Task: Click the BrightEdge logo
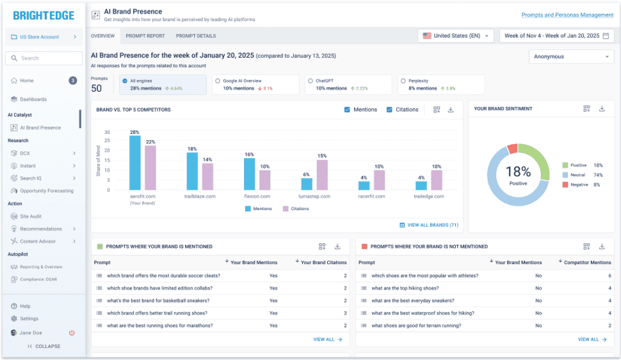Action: [x=44, y=15]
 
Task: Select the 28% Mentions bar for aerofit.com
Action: [x=135, y=163]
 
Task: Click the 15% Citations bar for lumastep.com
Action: [x=322, y=175]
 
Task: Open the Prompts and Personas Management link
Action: [x=567, y=15]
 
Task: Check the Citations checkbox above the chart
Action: [x=390, y=110]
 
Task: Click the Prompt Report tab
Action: [x=145, y=36]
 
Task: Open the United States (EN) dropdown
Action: [x=457, y=36]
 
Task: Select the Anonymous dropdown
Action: [x=571, y=56]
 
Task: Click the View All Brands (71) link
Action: [x=429, y=225]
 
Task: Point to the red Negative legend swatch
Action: [x=565, y=184]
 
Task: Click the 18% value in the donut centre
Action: [x=518, y=171]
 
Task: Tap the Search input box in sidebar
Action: [x=44, y=58]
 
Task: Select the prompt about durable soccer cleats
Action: [x=163, y=275]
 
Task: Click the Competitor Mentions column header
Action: [x=587, y=262]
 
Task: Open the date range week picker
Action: [x=556, y=36]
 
